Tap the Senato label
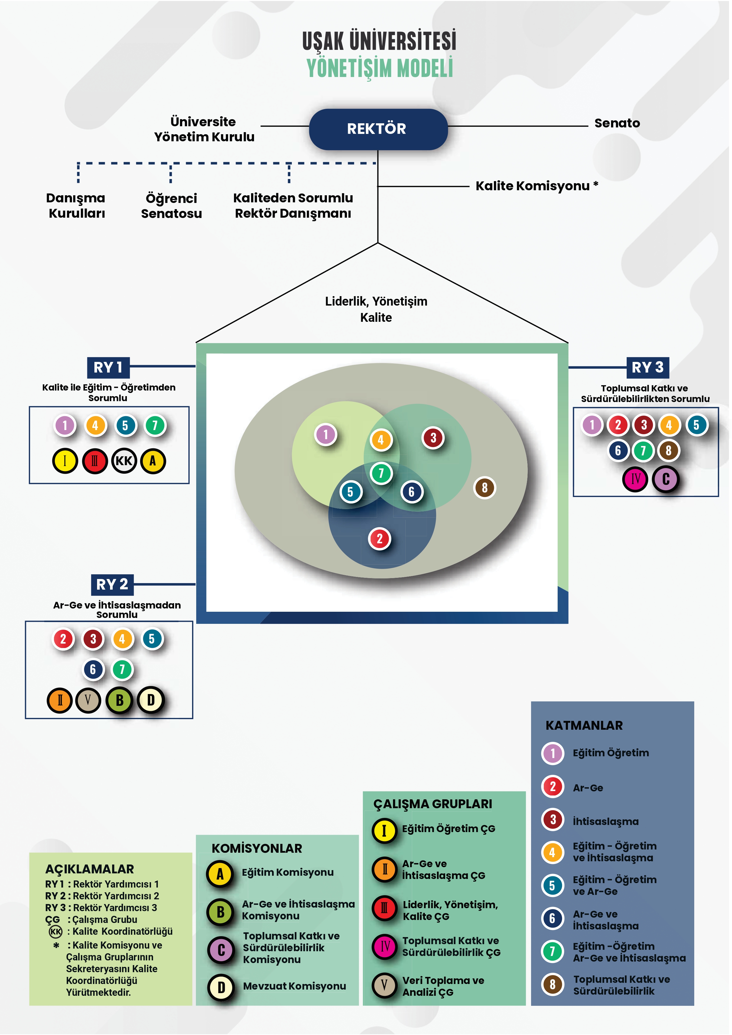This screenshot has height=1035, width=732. coord(617,123)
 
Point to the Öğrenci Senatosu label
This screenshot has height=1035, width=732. coord(171,206)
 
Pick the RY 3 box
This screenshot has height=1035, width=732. coord(647,368)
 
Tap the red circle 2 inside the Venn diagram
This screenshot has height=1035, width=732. coord(379,538)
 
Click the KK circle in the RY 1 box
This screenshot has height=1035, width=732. coord(124,461)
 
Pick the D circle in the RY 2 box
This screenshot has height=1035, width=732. coord(151,700)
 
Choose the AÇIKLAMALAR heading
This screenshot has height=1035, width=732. coord(89,869)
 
